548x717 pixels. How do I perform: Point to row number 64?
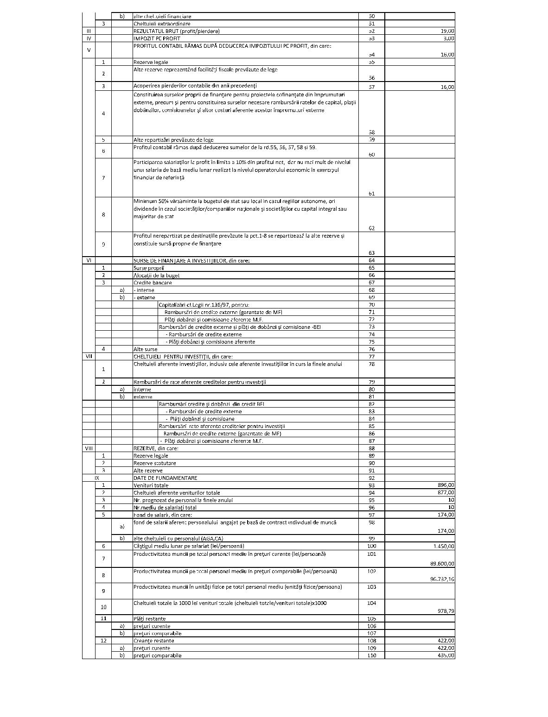(371, 260)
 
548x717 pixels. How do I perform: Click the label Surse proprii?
(149, 268)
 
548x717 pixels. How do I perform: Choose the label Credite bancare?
(153, 283)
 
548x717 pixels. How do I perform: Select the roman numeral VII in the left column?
(89, 357)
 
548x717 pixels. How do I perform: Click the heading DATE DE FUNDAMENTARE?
(165, 478)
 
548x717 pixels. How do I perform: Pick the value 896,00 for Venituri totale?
(446, 485)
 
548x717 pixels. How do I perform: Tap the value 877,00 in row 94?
(446, 493)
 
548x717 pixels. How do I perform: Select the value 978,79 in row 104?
(446, 611)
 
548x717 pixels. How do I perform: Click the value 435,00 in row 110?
(446, 656)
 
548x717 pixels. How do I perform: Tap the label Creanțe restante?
(154, 641)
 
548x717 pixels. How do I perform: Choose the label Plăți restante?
(149, 619)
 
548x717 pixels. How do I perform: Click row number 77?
(371, 357)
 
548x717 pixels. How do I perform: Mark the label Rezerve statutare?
(154, 463)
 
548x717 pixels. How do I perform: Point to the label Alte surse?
(145, 349)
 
